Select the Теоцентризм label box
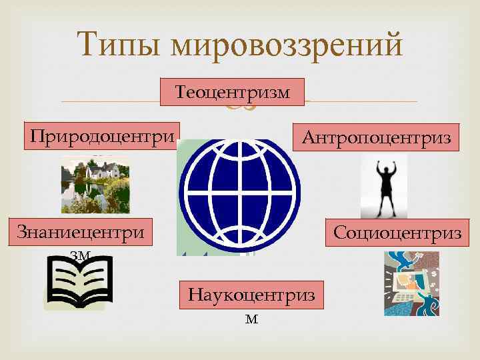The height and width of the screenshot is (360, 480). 232,92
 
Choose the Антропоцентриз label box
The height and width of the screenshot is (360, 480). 377,137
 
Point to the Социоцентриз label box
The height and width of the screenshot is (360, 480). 397,233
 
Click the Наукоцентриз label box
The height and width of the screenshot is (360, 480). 251,294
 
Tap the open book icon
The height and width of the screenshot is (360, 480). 79,283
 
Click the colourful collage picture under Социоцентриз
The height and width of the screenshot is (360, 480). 412,283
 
